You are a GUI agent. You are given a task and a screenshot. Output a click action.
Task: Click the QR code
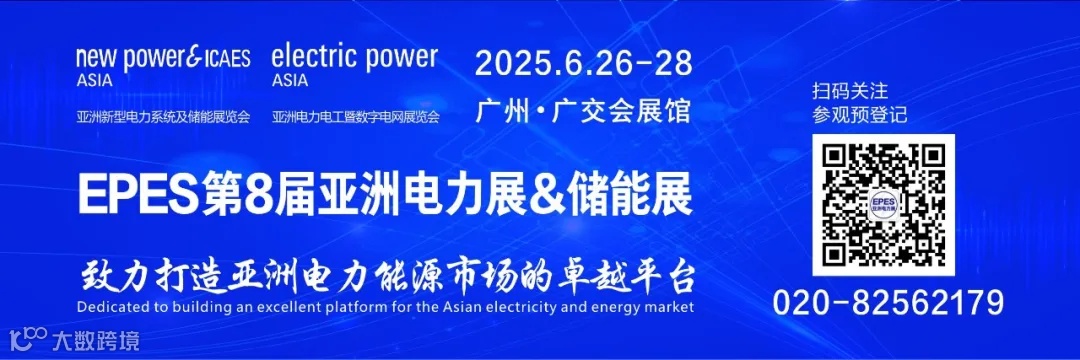[883, 205]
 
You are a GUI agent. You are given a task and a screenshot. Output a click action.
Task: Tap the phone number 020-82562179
[889, 301]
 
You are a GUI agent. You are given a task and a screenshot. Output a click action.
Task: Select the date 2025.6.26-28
[583, 63]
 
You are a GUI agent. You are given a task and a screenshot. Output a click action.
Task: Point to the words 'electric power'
[354, 56]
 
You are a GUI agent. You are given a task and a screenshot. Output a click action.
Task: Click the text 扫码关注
[850, 91]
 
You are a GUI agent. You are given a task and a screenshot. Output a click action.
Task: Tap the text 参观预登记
[860, 114]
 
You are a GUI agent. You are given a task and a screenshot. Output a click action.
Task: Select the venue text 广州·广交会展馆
[584, 109]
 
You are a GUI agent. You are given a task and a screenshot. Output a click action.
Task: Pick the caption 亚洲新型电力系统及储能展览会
[162, 116]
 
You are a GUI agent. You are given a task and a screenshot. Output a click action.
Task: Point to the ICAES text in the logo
[226, 58]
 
